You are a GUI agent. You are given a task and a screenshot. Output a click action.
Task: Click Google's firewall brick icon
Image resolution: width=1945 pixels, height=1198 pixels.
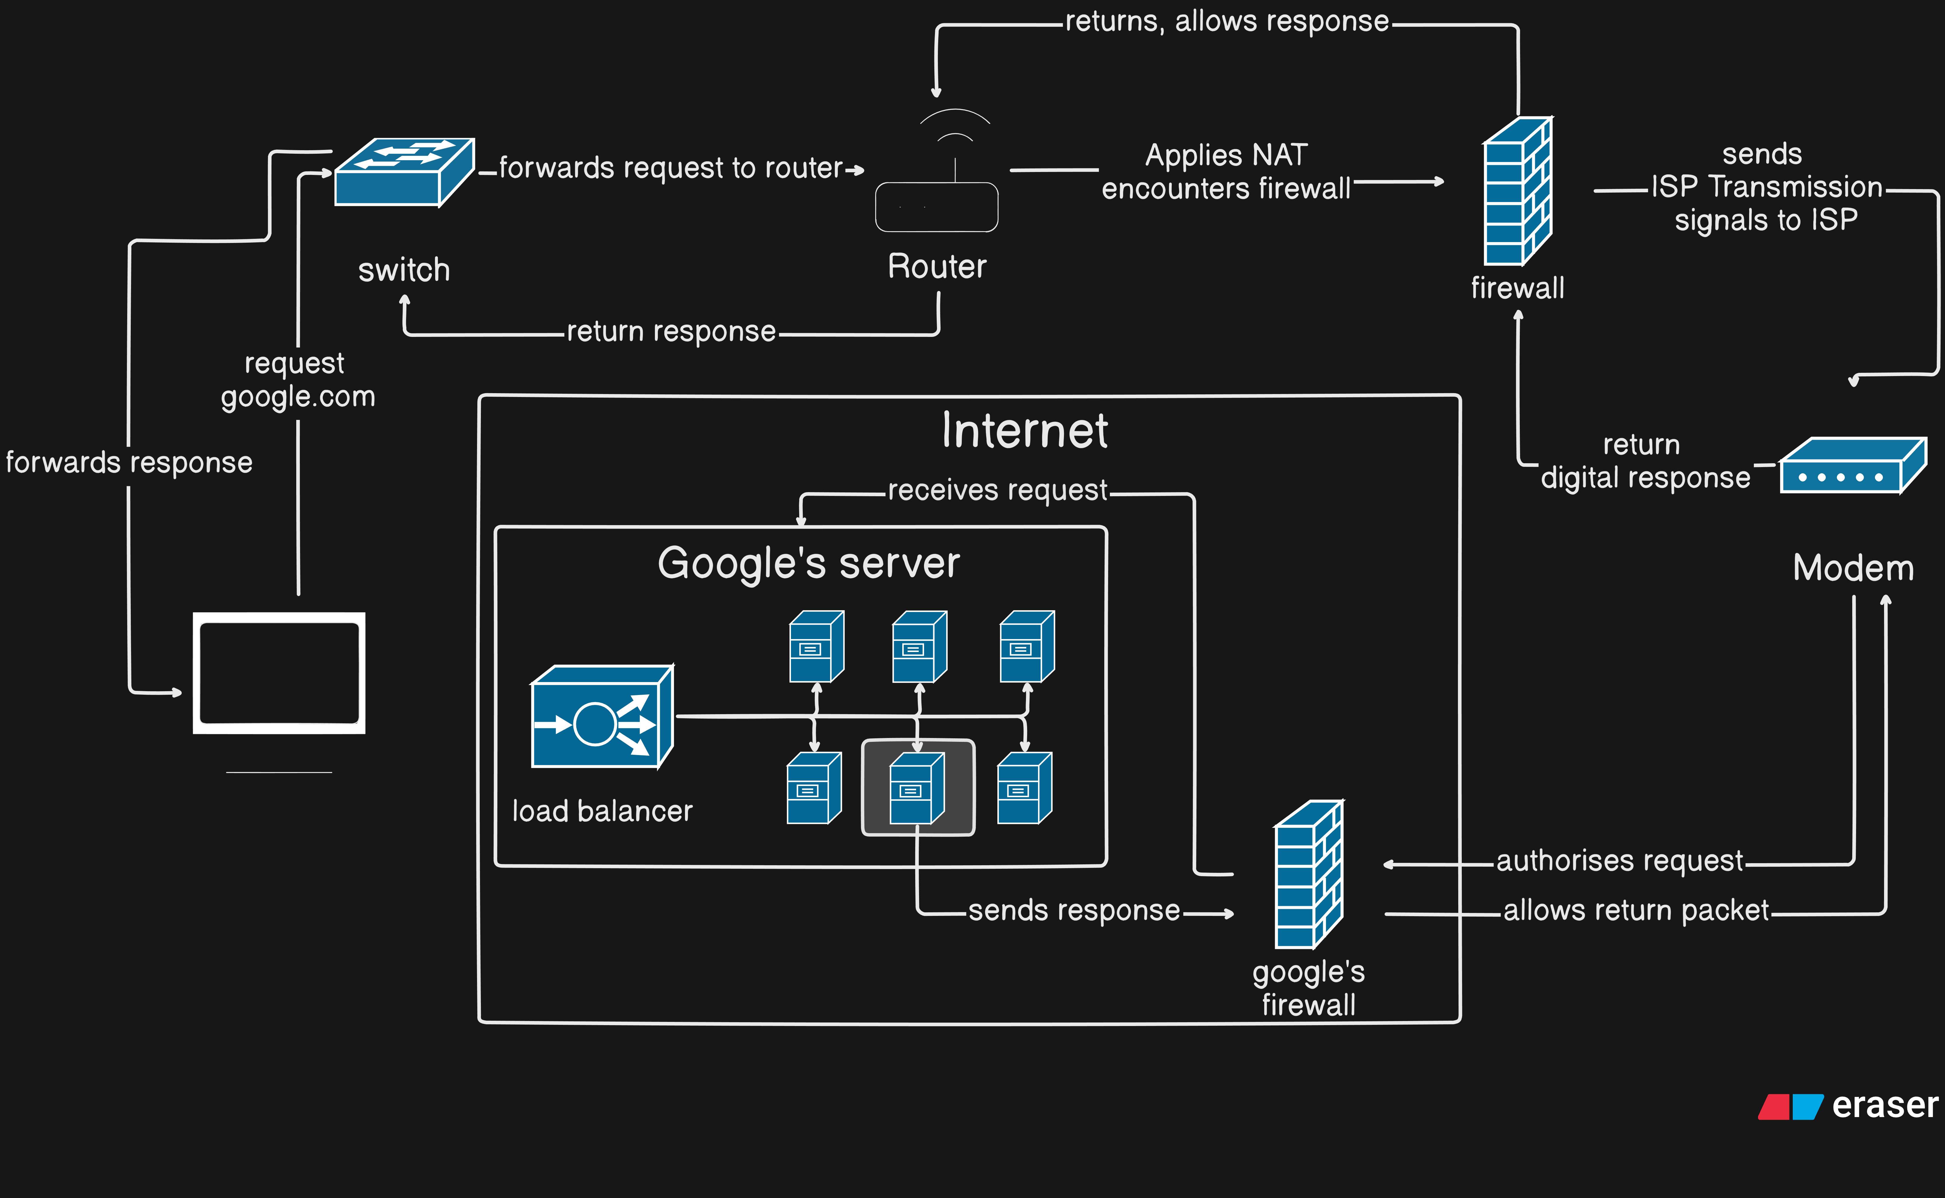point(1309,875)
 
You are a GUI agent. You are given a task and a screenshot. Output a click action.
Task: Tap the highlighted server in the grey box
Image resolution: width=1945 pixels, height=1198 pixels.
point(918,787)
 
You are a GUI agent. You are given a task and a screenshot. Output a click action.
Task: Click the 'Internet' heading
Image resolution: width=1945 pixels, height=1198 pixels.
point(1024,432)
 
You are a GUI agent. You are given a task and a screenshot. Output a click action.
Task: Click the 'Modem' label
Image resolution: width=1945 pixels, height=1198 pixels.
point(1853,568)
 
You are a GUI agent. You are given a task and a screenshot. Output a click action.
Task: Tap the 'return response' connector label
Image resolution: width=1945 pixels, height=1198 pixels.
point(671,331)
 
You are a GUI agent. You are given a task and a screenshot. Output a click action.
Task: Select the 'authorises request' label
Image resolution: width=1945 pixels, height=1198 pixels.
point(1619,861)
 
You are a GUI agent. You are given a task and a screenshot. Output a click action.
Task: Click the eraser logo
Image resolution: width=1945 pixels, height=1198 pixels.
point(1848,1105)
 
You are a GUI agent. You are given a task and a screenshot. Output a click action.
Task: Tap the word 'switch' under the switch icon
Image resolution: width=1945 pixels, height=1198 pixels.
point(404,270)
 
